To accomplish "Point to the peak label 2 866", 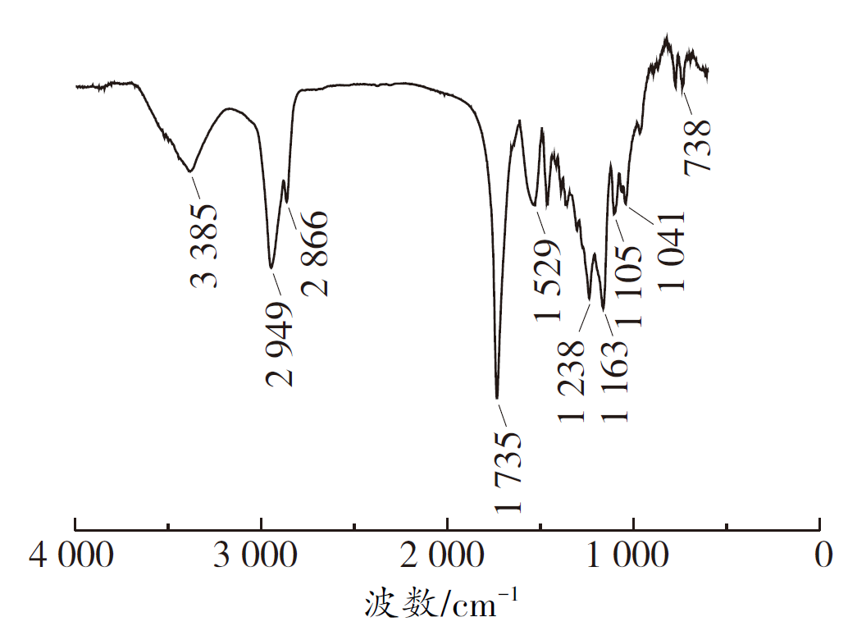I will (x=315, y=253).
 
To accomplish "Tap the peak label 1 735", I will (x=509, y=470).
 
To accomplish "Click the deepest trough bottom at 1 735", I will (x=497, y=397).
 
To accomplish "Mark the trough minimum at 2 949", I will (x=271, y=267).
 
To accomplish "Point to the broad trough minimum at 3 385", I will (x=190, y=171).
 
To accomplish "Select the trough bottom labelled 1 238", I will (x=590, y=300).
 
